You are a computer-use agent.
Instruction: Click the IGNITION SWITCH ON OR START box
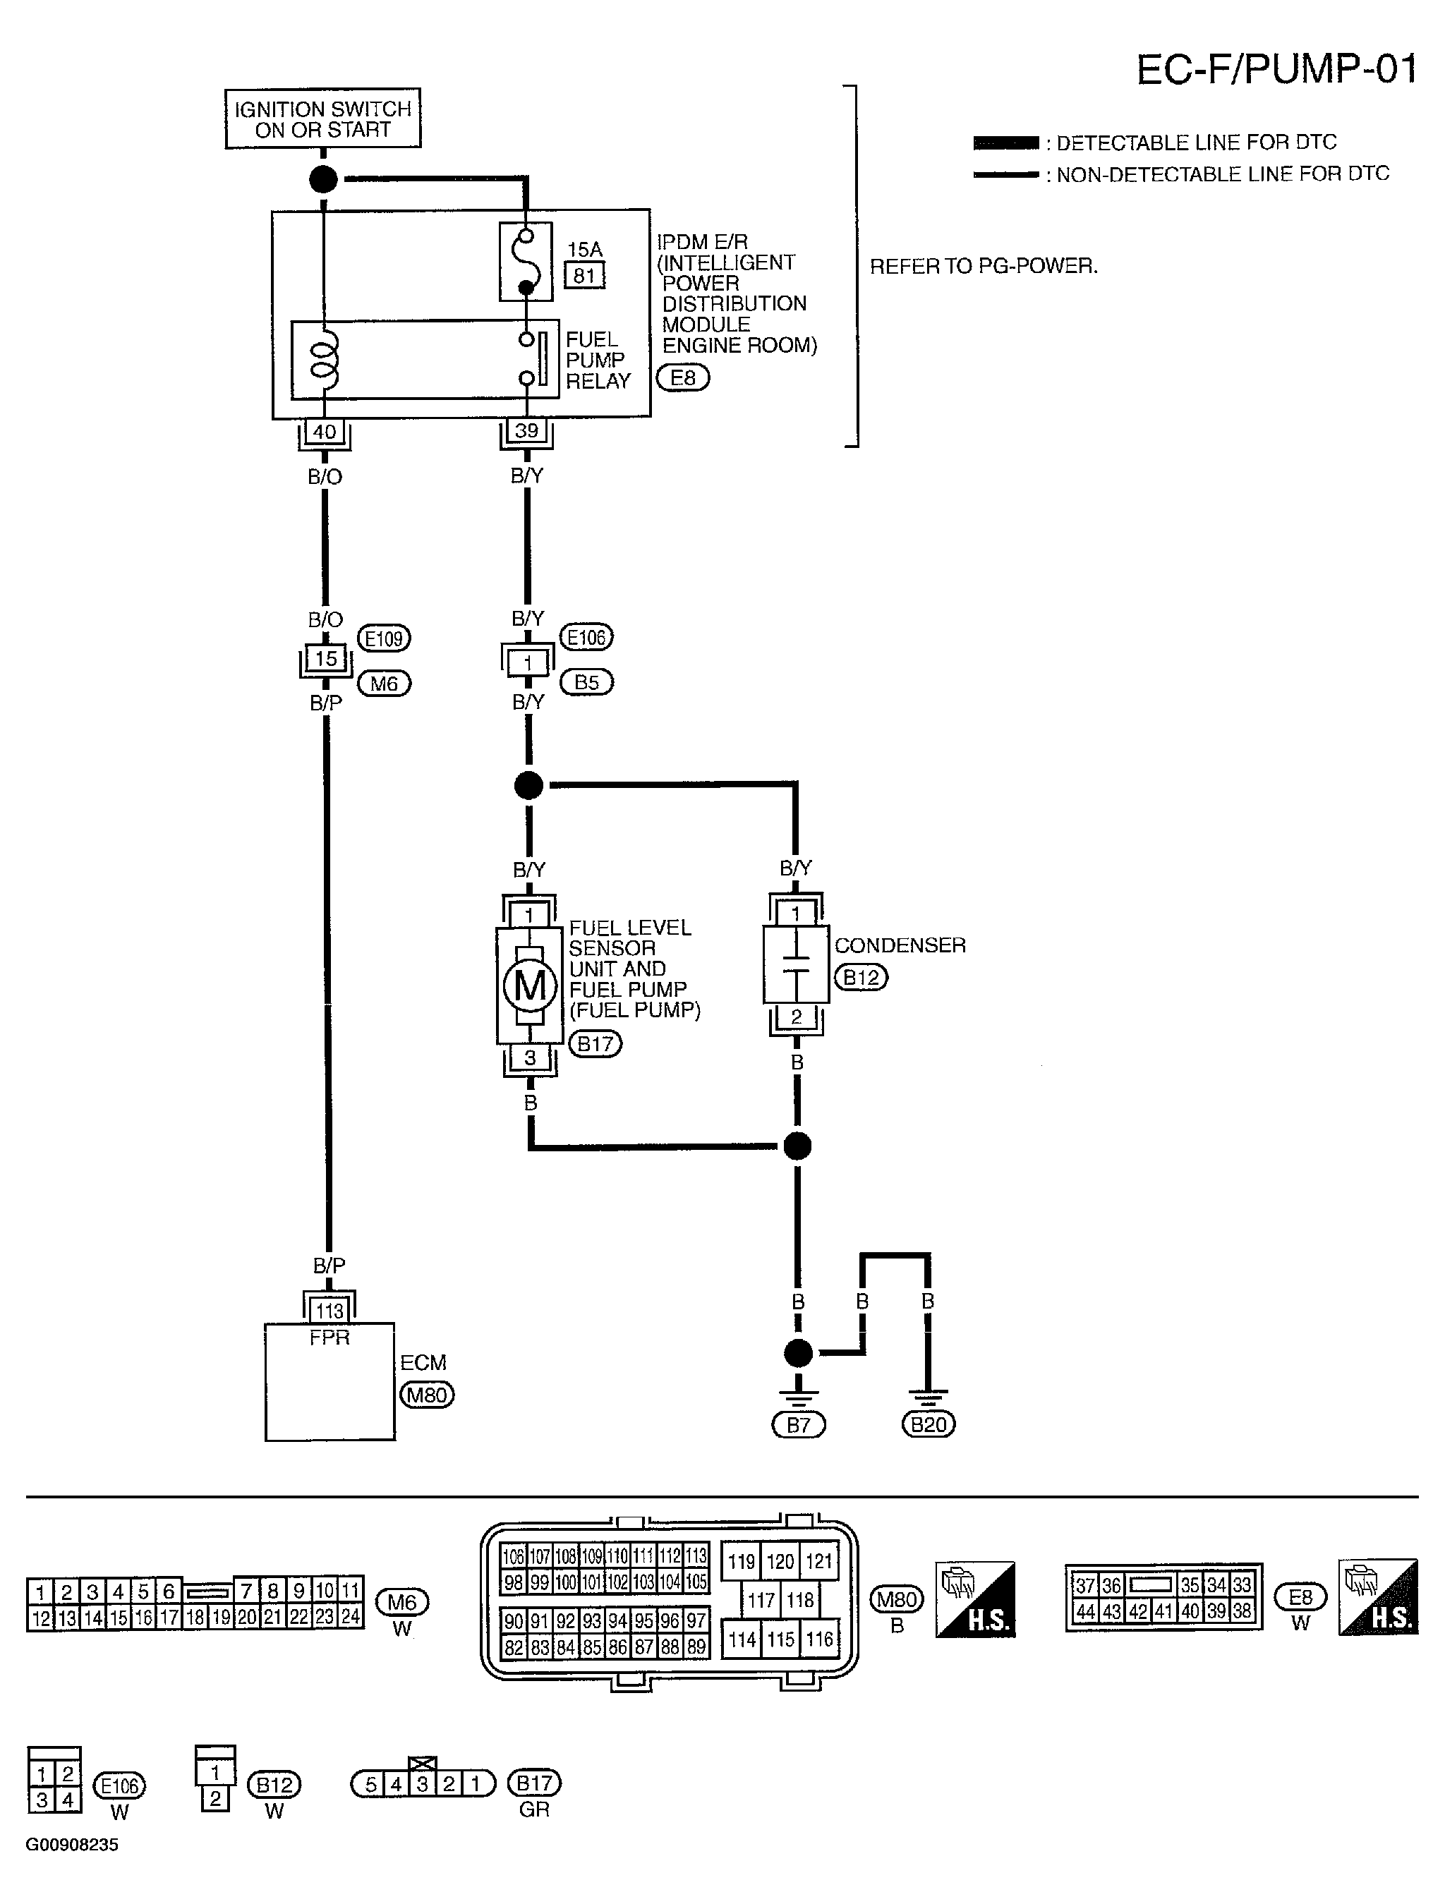pyautogui.click(x=323, y=119)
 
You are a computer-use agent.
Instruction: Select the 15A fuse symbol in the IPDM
pyautogui.click(x=526, y=262)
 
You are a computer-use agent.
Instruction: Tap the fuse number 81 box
pyautogui.click(x=585, y=275)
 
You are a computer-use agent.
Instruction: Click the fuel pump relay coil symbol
pyautogui.click(x=324, y=360)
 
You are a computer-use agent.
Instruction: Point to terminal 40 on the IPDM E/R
pyautogui.click(x=324, y=431)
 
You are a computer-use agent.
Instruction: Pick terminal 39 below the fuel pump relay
pyautogui.click(x=526, y=430)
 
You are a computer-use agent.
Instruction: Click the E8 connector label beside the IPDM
pyautogui.click(x=683, y=378)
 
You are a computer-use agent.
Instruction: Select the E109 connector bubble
pyautogui.click(x=384, y=638)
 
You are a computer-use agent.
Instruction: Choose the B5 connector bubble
pyautogui.click(x=586, y=683)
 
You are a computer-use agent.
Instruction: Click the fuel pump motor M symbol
pyautogui.click(x=530, y=986)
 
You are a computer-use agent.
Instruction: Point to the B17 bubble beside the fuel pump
pyautogui.click(x=595, y=1044)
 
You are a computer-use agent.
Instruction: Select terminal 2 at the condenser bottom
pyautogui.click(x=797, y=1017)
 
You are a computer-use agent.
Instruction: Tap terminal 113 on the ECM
pyautogui.click(x=329, y=1311)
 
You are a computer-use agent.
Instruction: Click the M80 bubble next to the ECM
pyautogui.click(x=427, y=1395)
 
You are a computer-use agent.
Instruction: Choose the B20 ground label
pyautogui.click(x=929, y=1424)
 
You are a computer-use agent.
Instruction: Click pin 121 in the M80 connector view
pyautogui.click(x=819, y=1561)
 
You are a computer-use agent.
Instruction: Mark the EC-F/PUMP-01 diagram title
pyautogui.click(x=1276, y=70)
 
